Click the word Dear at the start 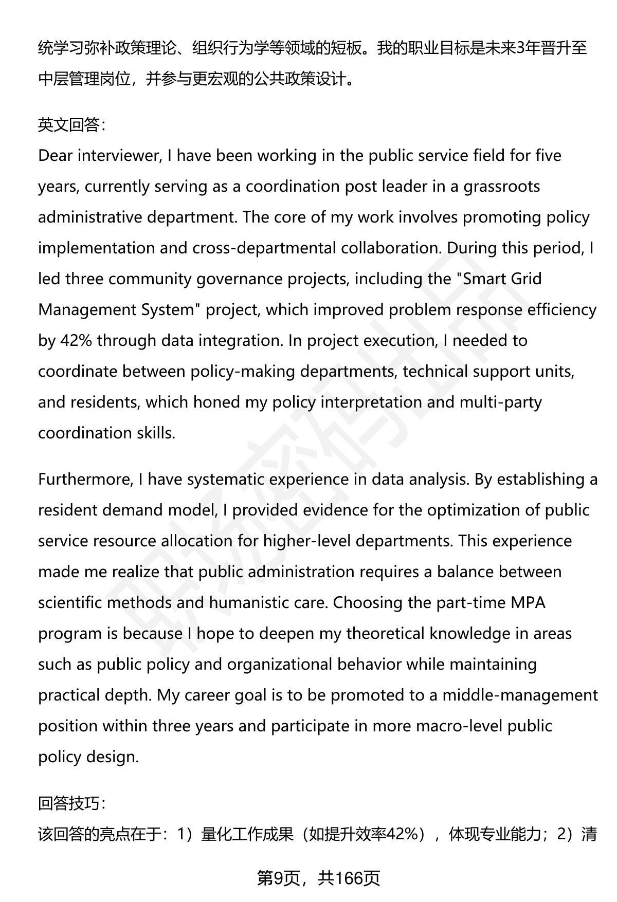point(56,156)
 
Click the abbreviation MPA point(528,603)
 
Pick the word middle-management point(520,695)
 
